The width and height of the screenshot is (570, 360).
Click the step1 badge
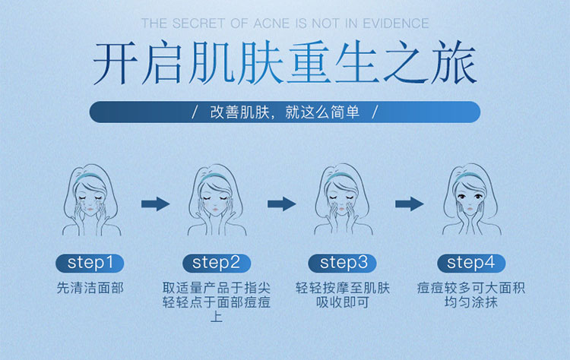pos(90,263)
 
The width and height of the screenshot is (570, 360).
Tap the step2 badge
pos(217,263)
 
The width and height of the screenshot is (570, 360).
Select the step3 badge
pos(343,263)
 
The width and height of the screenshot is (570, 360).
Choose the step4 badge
pos(471,263)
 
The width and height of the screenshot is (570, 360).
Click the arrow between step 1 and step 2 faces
pos(155,204)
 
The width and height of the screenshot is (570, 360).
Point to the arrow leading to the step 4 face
pos(410,204)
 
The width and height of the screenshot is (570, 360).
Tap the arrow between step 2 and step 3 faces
pos(282,204)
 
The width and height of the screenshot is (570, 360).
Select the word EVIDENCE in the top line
pos(396,24)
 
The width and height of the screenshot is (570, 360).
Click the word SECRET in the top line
pos(198,24)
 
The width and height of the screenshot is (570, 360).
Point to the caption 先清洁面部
pos(90,288)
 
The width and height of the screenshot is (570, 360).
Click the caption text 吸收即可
pos(343,302)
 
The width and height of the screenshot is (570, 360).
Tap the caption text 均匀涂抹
pos(471,302)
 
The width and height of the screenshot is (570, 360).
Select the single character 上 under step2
pos(217,317)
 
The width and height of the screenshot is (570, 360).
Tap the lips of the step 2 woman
pos(215,210)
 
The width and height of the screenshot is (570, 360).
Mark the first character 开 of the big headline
pos(116,63)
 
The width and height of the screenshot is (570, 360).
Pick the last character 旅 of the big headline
pos(454,62)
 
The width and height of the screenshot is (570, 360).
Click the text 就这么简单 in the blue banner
pos(322,112)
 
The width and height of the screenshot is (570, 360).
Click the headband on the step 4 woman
pos(468,176)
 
